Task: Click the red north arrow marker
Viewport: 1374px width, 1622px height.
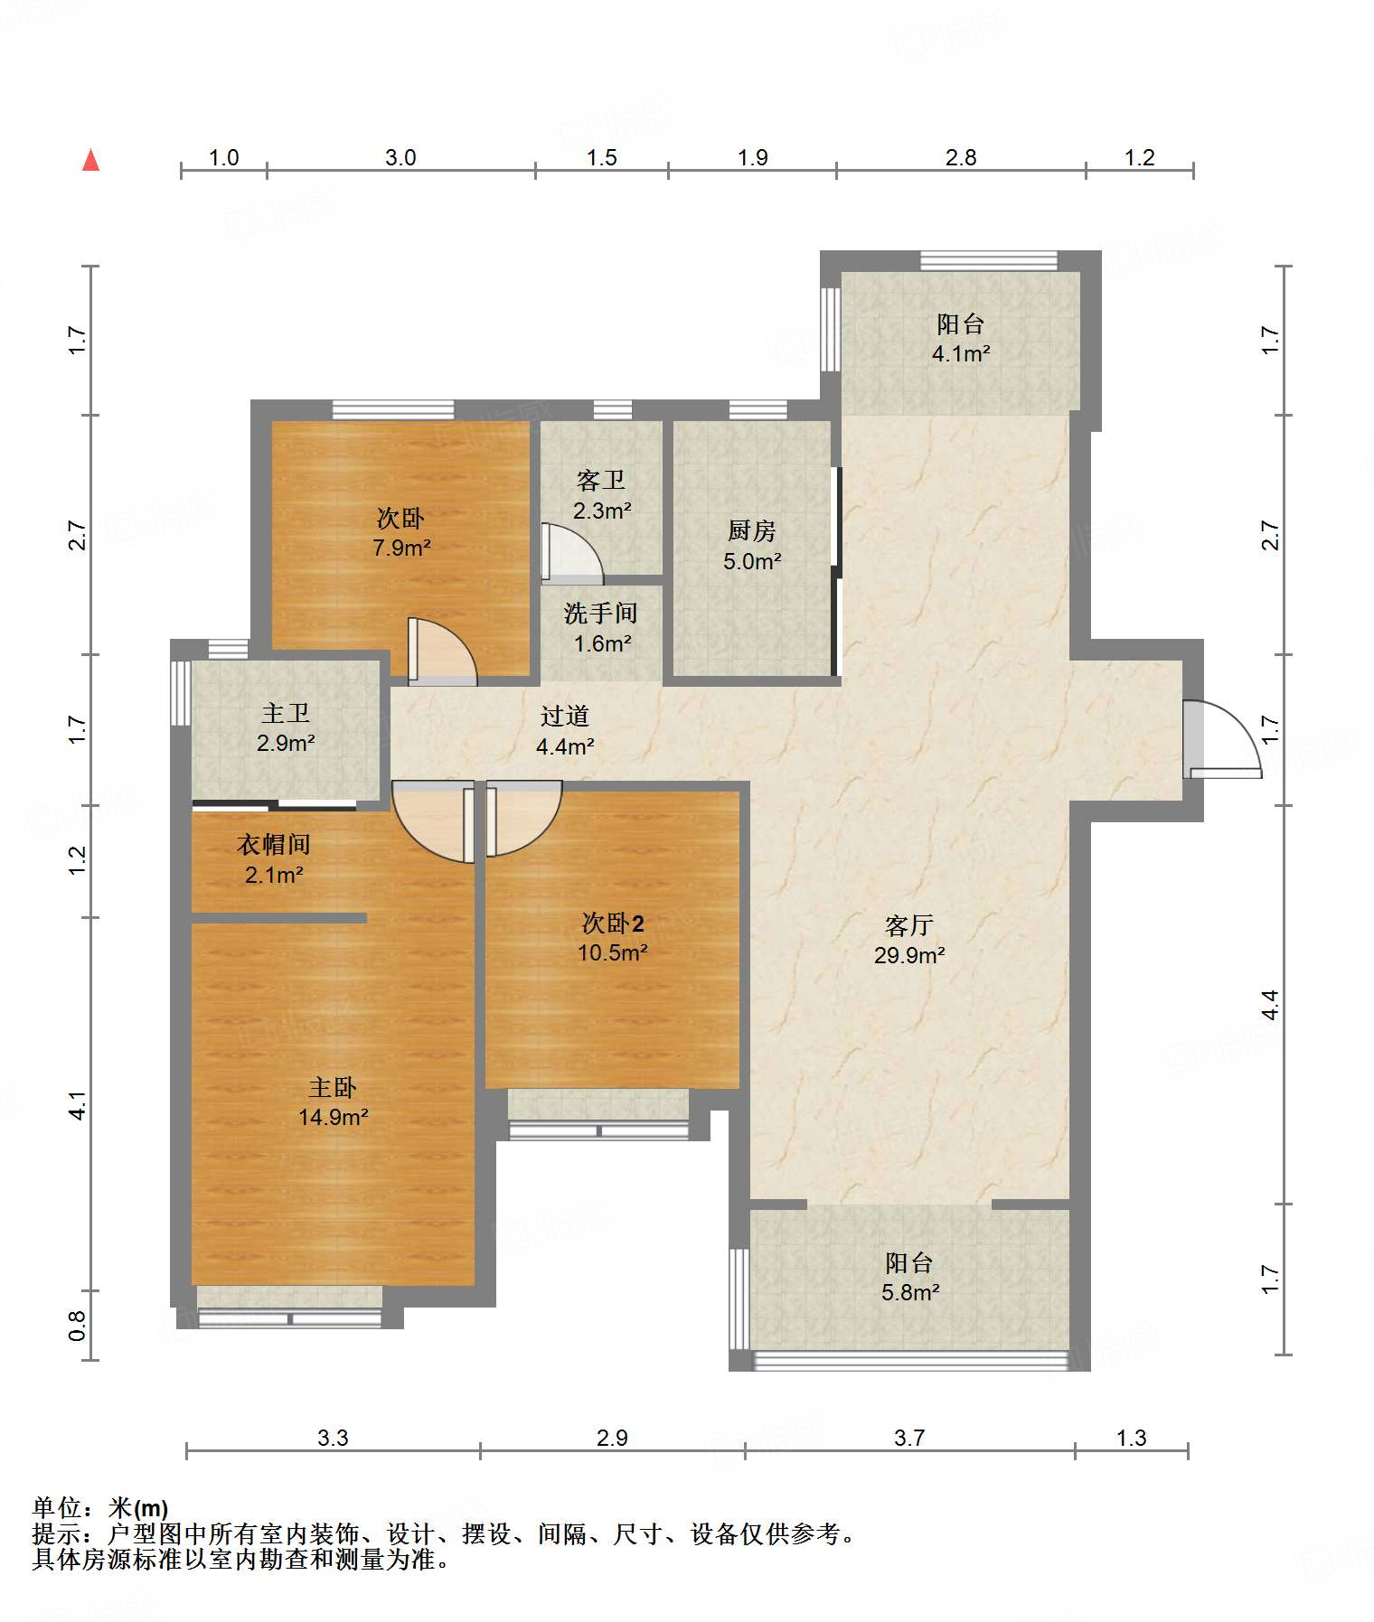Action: click(90, 160)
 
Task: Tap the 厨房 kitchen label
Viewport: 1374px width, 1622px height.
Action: click(751, 530)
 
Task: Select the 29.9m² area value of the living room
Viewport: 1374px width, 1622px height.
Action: click(909, 955)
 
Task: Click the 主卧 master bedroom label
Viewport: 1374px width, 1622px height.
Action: click(333, 1088)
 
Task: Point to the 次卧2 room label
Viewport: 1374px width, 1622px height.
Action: click(613, 923)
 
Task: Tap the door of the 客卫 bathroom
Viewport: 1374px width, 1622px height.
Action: click(572, 552)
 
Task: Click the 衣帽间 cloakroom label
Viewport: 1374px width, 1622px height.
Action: click(274, 844)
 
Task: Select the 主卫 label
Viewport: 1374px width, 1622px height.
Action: click(286, 713)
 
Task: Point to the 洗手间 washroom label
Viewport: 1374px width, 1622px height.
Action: click(601, 613)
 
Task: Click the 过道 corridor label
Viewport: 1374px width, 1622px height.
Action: click(565, 716)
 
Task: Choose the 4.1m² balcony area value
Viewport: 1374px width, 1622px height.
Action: click(961, 353)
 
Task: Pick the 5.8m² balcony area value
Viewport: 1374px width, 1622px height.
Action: click(910, 1292)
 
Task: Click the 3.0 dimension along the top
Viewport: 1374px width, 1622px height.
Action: click(400, 157)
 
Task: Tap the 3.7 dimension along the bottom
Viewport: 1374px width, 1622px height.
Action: click(909, 1438)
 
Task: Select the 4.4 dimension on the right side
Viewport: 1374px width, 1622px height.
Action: click(1270, 1004)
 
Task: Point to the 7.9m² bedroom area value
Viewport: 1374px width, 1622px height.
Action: click(401, 548)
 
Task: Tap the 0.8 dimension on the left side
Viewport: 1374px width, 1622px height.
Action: click(78, 1325)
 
